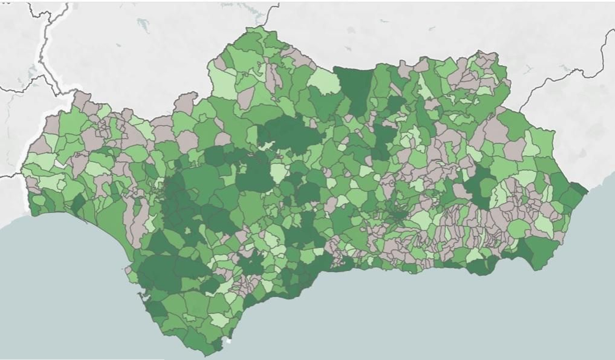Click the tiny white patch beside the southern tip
(229, 340)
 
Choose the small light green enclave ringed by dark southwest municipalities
(188, 230)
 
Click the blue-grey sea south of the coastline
(384, 315)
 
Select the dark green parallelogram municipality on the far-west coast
(78, 202)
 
